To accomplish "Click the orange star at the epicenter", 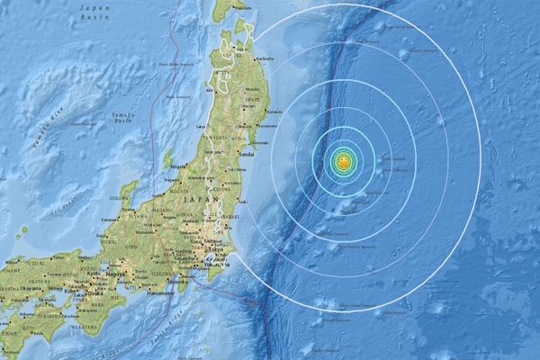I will pyautogui.click(x=343, y=162).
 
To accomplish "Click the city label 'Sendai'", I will pyautogui.click(x=245, y=155).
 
